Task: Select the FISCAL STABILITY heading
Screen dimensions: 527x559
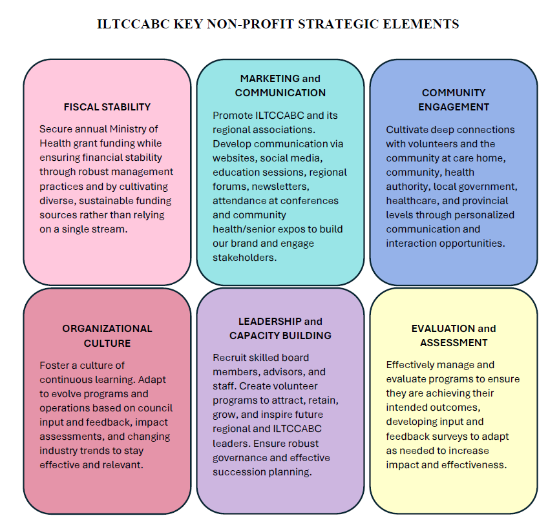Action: coord(107,107)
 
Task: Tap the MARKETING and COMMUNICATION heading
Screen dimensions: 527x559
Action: coord(280,85)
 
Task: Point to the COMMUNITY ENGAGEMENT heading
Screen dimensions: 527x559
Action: coord(453,99)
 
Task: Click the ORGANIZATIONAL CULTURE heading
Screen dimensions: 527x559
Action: coord(107,336)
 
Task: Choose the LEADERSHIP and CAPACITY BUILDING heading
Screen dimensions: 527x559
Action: coord(280,328)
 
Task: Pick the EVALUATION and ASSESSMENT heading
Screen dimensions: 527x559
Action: coord(453,335)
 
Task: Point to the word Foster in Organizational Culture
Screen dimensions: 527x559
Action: coord(54,366)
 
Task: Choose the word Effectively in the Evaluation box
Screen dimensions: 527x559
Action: coord(413,365)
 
